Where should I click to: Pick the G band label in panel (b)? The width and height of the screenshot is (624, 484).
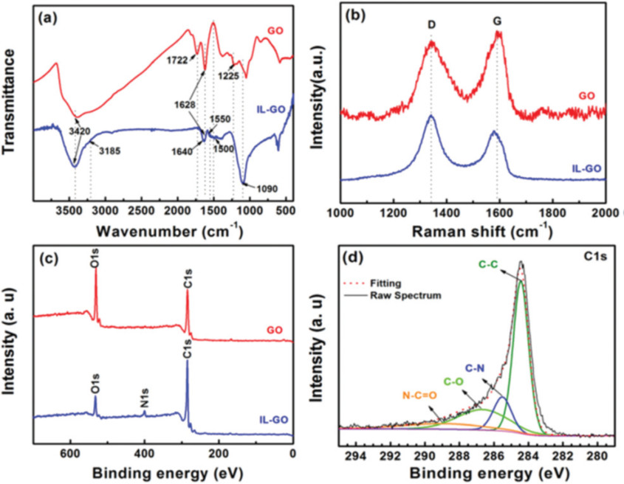tap(498, 23)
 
